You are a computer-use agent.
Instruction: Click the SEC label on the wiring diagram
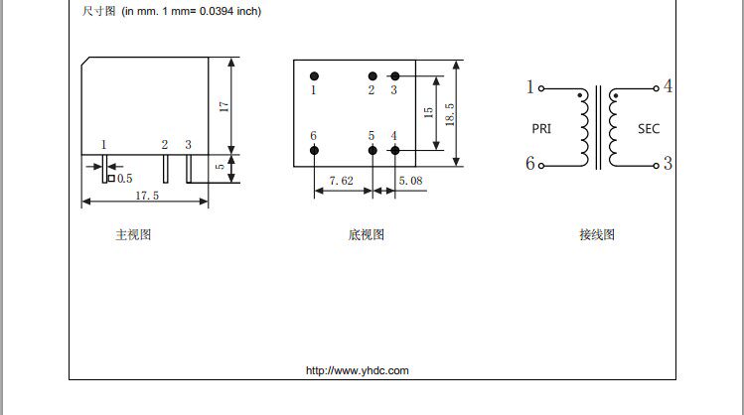(x=649, y=129)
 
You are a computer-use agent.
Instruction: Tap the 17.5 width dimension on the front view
(x=147, y=196)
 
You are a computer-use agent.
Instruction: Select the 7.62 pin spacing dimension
(x=341, y=181)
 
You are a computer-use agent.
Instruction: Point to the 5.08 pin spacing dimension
(x=410, y=181)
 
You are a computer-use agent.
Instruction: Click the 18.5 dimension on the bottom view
(x=449, y=112)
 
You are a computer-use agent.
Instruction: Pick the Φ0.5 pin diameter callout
(x=123, y=178)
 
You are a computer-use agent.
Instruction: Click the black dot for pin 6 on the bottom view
(x=314, y=150)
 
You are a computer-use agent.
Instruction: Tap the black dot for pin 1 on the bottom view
(x=314, y=75)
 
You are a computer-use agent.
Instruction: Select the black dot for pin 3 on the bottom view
(x=394, y=75)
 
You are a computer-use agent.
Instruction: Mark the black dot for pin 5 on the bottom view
(x=372, y=150)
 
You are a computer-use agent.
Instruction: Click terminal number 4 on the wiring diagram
(x=668, y=86)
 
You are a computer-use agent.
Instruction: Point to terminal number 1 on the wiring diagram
(x=530, y=87)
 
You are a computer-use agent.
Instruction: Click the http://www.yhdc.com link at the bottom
(x=357, y=370)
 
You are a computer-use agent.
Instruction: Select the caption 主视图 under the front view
(x=133, y=235)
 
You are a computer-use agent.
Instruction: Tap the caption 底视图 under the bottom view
(x=366, y=235)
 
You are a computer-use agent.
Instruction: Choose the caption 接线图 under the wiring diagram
(x=597, y=235)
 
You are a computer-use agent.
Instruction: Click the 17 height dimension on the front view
(x=224, y=104)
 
